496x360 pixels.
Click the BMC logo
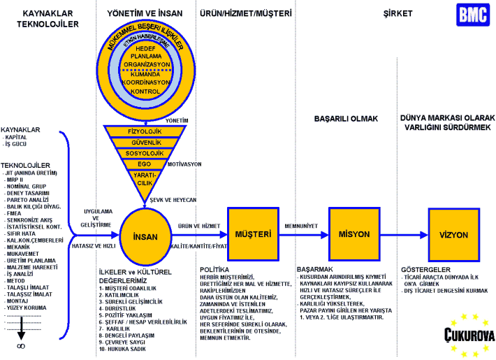coord(472,15)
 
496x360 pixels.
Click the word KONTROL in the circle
coord(146,91)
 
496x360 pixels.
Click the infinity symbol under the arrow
coord(22,345)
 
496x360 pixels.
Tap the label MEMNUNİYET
coord(302,226)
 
